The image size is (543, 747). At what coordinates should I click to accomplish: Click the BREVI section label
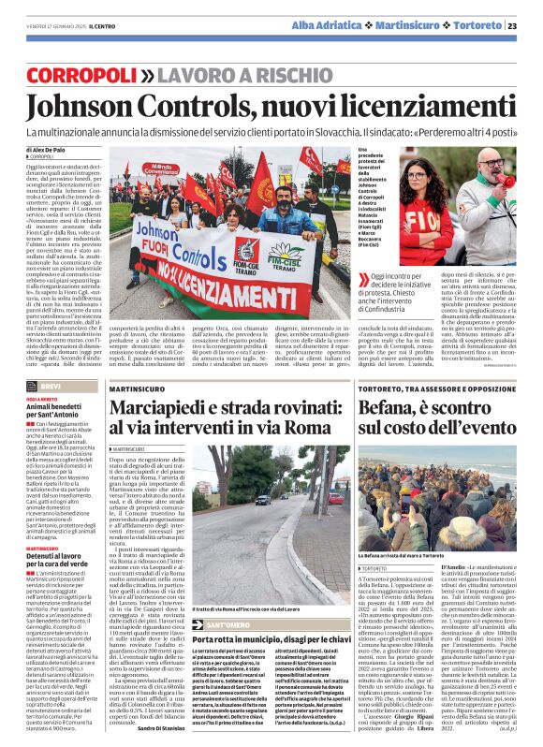pos(51,386)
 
